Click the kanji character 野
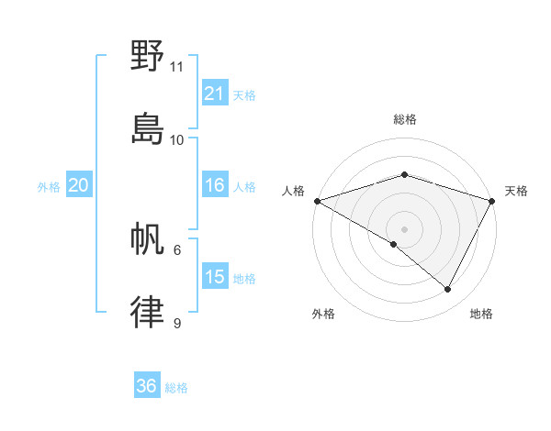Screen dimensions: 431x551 click(148, 56)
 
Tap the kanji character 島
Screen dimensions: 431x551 click(148, 129)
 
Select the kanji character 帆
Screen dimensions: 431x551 click(148, 240)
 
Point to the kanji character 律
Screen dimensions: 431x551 click(148, 313)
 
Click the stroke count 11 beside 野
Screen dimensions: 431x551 click(177, 67)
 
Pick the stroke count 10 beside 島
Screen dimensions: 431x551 click(177, 140)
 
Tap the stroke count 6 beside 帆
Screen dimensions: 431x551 click(177, 249)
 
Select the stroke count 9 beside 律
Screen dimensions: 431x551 click(177, 323)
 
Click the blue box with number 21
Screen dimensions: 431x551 click(215, 94)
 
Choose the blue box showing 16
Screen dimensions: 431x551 click(215, 185)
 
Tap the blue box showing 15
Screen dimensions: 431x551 click(215, 277)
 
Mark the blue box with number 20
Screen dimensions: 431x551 click(79, 185)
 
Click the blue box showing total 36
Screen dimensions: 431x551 click(147, 386)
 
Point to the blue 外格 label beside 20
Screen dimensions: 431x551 click(49, 187)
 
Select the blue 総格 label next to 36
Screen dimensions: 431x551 click(176, 388)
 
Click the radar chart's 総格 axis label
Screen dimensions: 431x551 click(404, 119)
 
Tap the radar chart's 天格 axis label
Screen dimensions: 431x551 click(516, 191)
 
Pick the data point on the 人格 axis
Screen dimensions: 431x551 click(317, 201)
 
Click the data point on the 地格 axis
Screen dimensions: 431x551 click(448, 289)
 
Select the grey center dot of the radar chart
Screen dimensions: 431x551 click(404, 228)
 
